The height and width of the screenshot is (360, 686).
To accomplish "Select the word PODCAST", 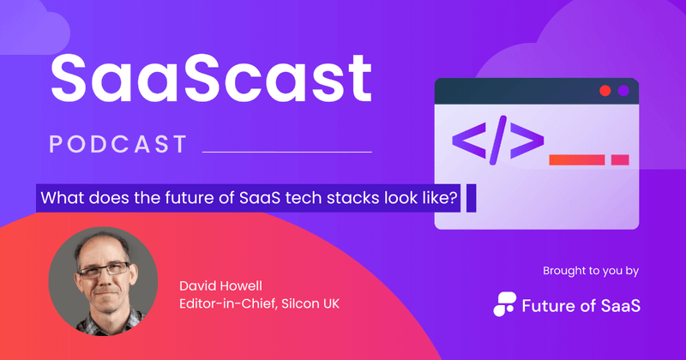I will point(117,144).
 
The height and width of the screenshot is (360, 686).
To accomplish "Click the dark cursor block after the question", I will point(471,198).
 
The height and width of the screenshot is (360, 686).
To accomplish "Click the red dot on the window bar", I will point(605,90).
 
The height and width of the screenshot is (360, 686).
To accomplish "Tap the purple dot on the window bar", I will point(624,90).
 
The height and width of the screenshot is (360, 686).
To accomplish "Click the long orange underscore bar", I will point(577,159).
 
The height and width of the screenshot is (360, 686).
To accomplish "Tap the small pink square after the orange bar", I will point(620,159).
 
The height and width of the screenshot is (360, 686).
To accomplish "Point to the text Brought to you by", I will point(590,271).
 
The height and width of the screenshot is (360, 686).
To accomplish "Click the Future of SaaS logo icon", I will point(506,303).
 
